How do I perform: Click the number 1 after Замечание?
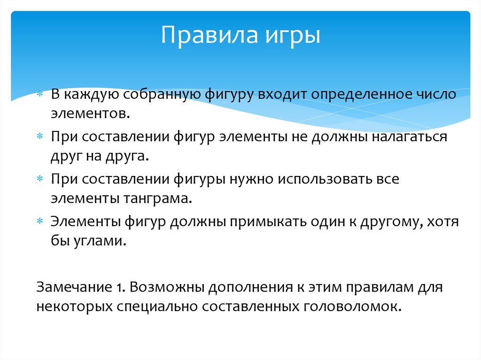point(119,286)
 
